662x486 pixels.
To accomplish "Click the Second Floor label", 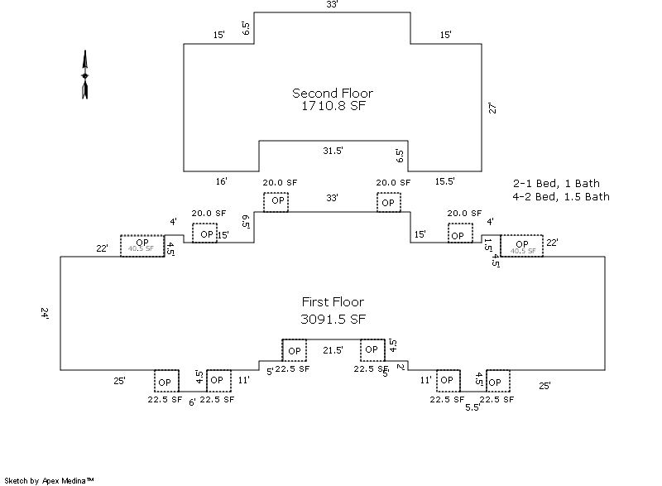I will click(x=333, y=93).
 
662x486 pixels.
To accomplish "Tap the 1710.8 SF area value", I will click(x=333, y=106).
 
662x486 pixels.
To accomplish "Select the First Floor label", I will click(x=333, y=302).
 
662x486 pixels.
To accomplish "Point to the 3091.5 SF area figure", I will click(x=333, y=318).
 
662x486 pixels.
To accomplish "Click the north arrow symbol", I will click(x=84, y=75).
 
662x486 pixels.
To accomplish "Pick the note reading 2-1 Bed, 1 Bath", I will click(x=557, y=183).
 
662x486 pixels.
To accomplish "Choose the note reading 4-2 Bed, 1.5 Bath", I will click(x=562, y=196).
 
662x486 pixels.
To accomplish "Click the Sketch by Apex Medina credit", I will click(x=49, y=480).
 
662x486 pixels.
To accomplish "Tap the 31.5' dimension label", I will click(x=333, y=150).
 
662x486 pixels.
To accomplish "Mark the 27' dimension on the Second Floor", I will click(x=492, y=108).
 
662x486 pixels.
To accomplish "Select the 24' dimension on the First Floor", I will click(x=45, y=313).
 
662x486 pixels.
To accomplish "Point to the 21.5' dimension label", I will click(x=333, y=349).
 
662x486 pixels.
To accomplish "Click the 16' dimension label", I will click(x=221, y=180).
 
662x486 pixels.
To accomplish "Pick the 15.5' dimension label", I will click(x=444, y=180).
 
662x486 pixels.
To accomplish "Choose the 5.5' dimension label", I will click(x=473, y=407).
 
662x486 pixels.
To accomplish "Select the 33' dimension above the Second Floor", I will click(x=333, y=5).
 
